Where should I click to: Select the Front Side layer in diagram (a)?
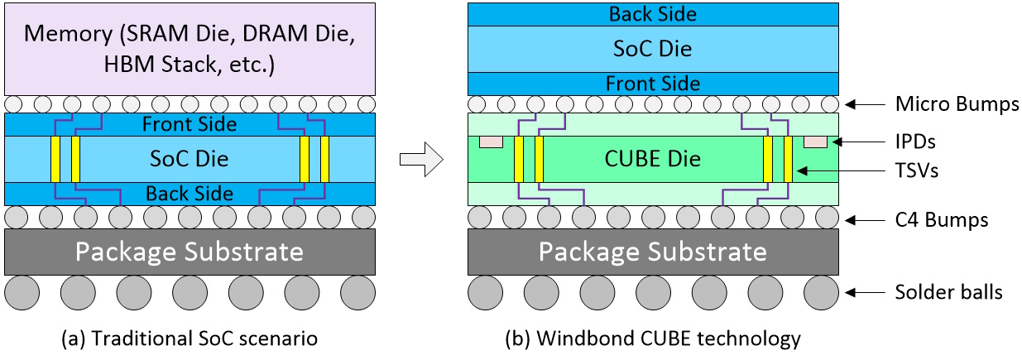tap(190, 124)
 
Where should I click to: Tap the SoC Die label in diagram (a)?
tap(190, 157)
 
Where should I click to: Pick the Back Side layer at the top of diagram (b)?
tap(653, 14)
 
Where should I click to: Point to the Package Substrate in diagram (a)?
tap(190, 252)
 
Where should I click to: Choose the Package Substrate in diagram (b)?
tap(653, 252)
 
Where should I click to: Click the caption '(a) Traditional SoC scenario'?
tap(190, 338)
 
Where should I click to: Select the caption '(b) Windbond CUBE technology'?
tap(653, 338)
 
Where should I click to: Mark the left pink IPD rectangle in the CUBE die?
tap(491, 142)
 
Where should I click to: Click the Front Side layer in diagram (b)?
tap(653, 84)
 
